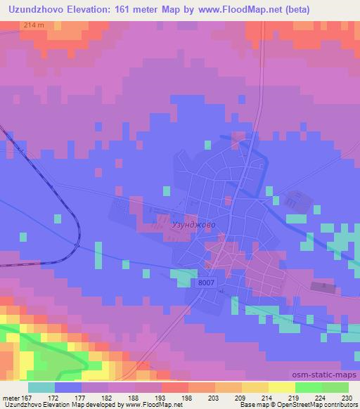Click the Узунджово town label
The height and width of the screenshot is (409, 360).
tap(193, 224)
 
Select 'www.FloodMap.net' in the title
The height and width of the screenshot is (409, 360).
tap(233, 8)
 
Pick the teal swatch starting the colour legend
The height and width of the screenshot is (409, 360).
tap(41, 387)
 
